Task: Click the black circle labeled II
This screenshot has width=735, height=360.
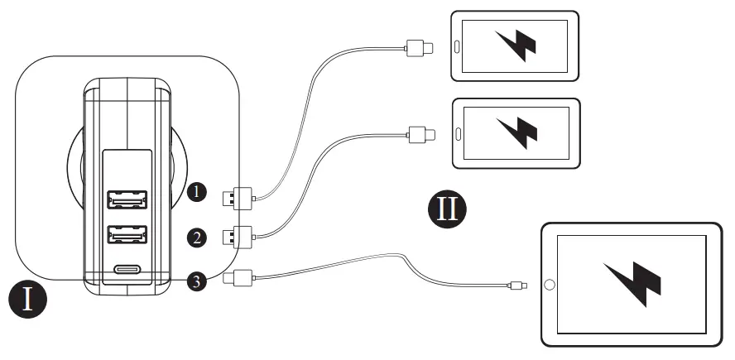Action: point(447,209)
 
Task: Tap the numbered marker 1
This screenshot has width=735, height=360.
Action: point(196,192)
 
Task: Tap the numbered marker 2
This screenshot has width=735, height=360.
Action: point(196,238)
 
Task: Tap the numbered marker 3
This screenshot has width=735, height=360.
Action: point(196,281)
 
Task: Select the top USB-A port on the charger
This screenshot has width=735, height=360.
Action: point(127,199)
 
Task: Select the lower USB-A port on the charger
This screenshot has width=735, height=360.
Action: point(127,236)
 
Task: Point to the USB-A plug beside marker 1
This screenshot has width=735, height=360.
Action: point(238,197)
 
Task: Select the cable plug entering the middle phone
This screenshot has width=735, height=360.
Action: point(421,132)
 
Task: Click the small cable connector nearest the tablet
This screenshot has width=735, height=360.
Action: point(516,286)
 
